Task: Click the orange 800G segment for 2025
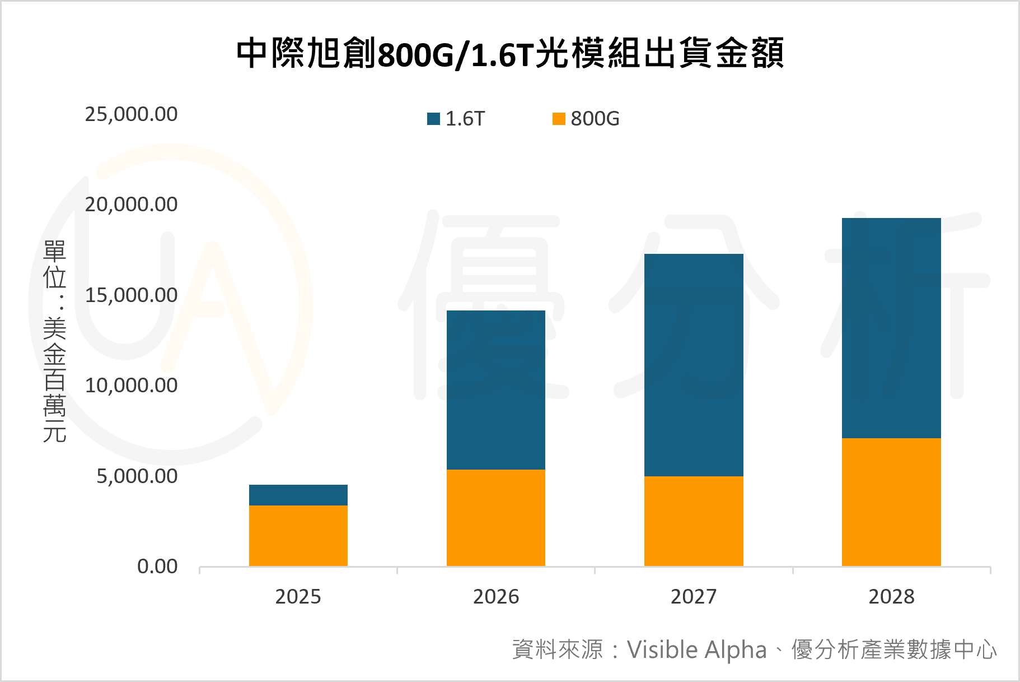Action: point(298,536)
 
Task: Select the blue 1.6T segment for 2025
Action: point(298,495)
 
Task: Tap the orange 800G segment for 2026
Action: point(496,518)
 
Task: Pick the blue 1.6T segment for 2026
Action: point(496,390)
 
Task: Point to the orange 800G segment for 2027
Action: point(694,521)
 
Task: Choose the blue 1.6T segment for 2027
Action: point(694,365)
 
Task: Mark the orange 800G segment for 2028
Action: point(891,502)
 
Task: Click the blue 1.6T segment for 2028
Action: point(891,328)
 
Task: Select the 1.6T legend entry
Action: point(456,119)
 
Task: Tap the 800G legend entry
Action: point(586,119)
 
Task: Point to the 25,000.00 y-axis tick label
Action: point(131,114)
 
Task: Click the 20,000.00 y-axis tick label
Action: point(131,205)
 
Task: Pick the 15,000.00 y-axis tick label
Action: point(131,295)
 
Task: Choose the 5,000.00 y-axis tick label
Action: point(137,476)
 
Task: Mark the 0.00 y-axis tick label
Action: point(157,567)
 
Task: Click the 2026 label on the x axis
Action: point(496,597)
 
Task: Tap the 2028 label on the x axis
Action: point(891,597)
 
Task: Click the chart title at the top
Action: point(509,54)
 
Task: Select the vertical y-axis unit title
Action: point(55,341)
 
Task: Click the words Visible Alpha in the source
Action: point(696,650)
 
